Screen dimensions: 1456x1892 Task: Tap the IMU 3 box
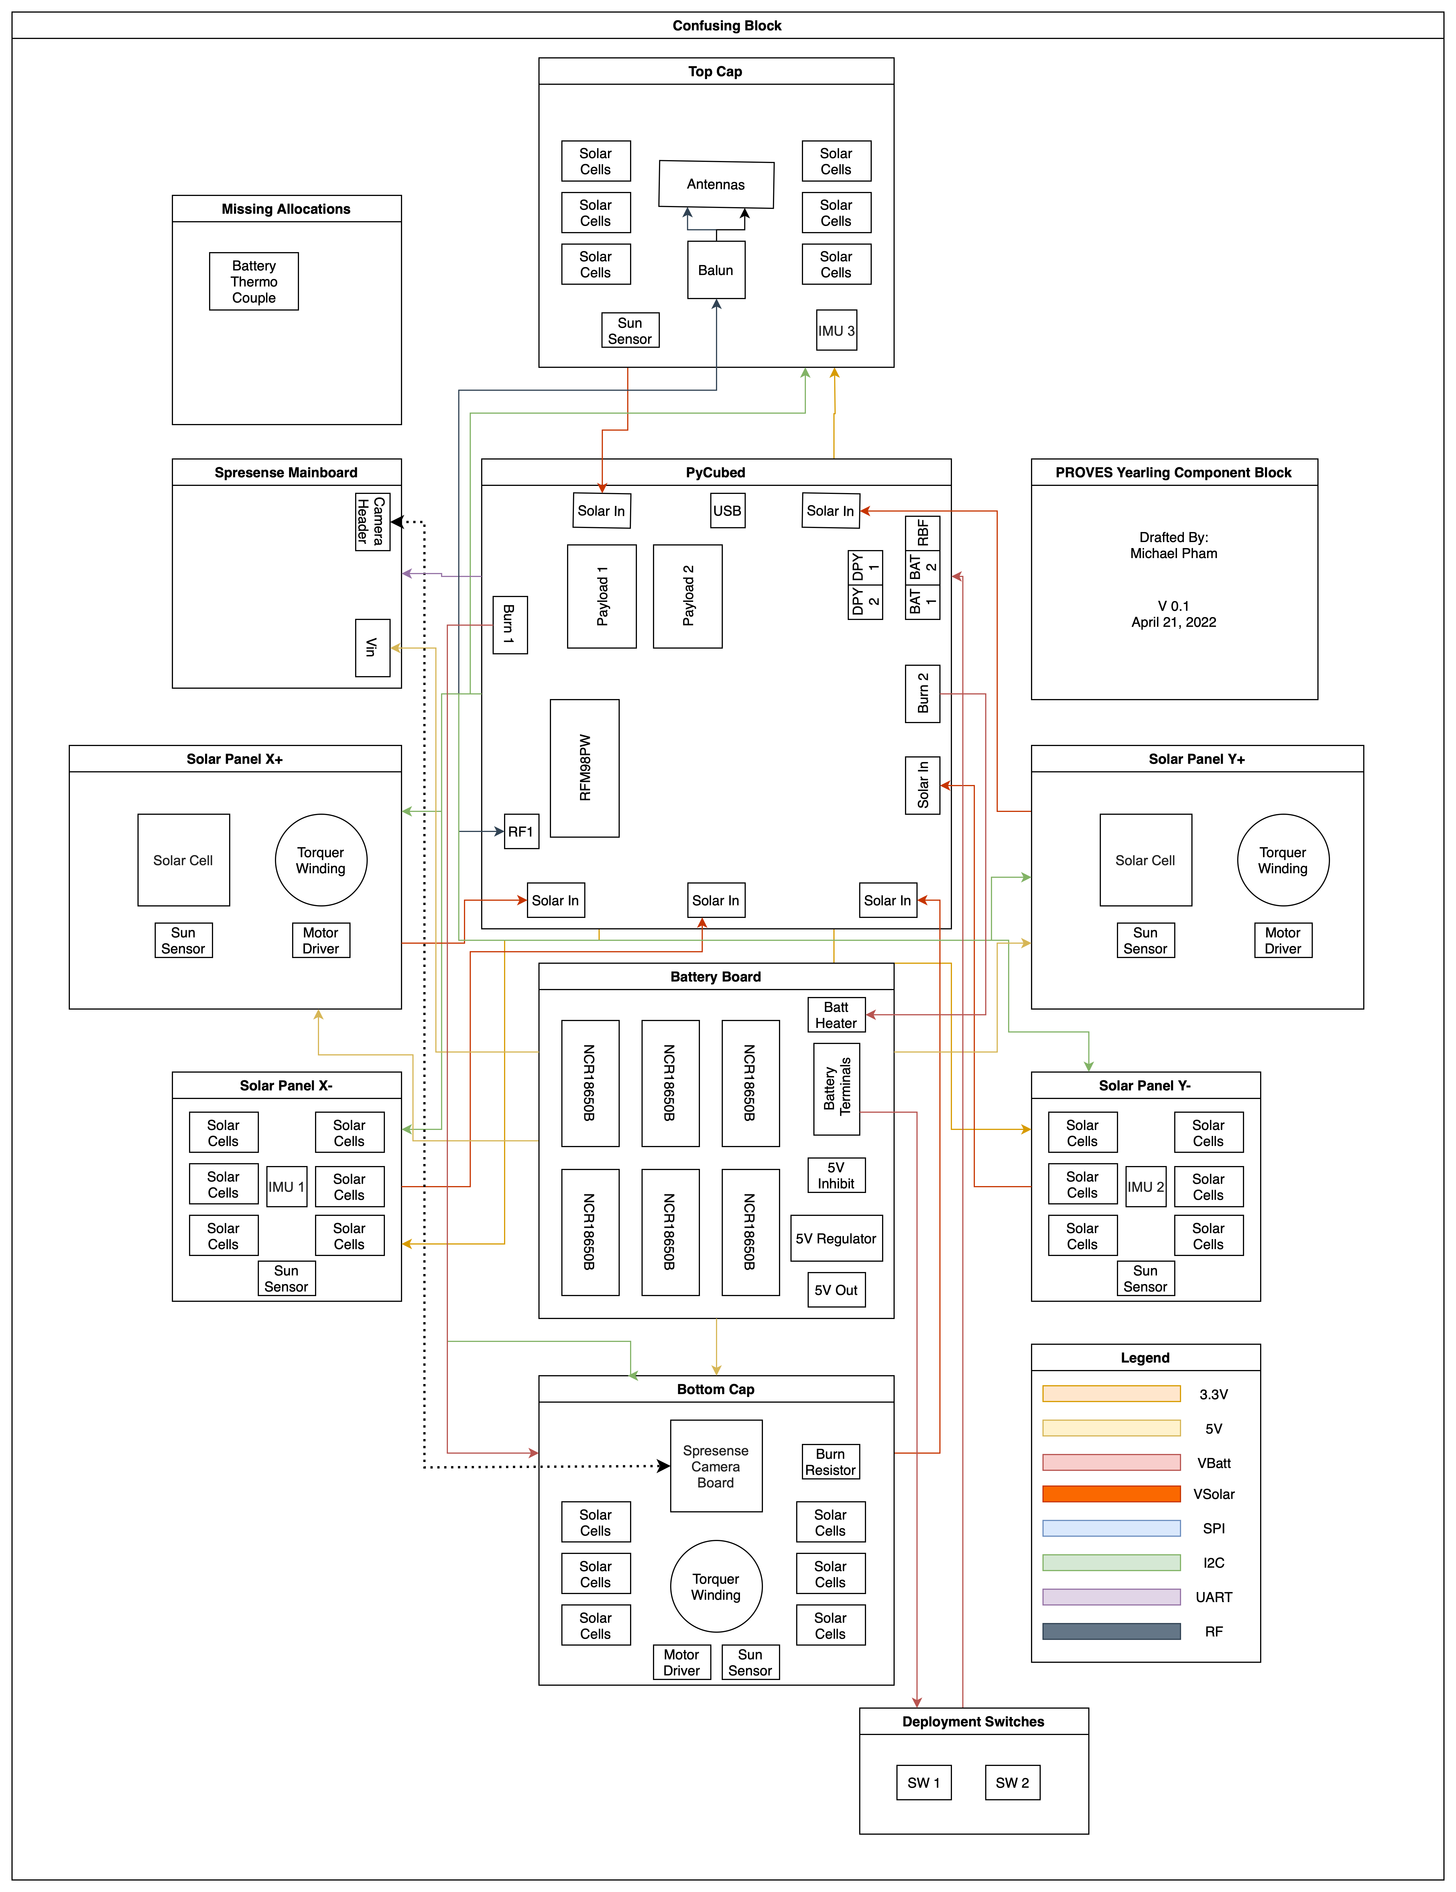click(x=836, y=330)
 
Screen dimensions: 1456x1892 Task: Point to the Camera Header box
click(x=372, y=521)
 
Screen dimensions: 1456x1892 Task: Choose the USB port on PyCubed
click(x=727, y=510)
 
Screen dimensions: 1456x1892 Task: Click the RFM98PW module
click(x=585, y=768)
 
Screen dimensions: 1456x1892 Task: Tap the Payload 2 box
click(x=688, y=596)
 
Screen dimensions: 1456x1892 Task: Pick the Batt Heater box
click(x=836, y=1014)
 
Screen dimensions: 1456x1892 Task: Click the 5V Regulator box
click(x=836, y=1238)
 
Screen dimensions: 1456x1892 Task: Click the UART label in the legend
click(x=1213, y=1597)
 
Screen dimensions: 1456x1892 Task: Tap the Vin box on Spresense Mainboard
click(x=372, y=647)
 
